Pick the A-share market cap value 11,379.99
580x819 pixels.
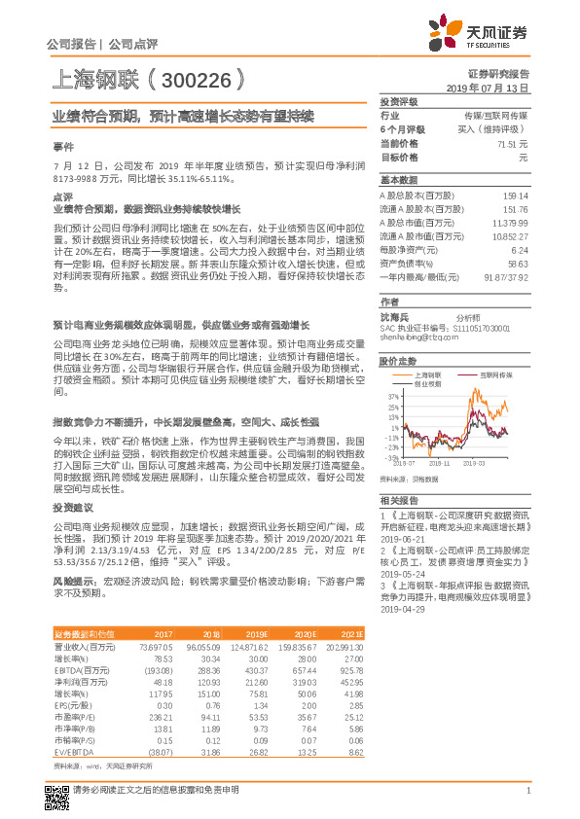point(509,222)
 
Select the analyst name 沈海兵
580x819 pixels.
point(394,317)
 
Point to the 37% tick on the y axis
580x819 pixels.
point(391,396)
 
